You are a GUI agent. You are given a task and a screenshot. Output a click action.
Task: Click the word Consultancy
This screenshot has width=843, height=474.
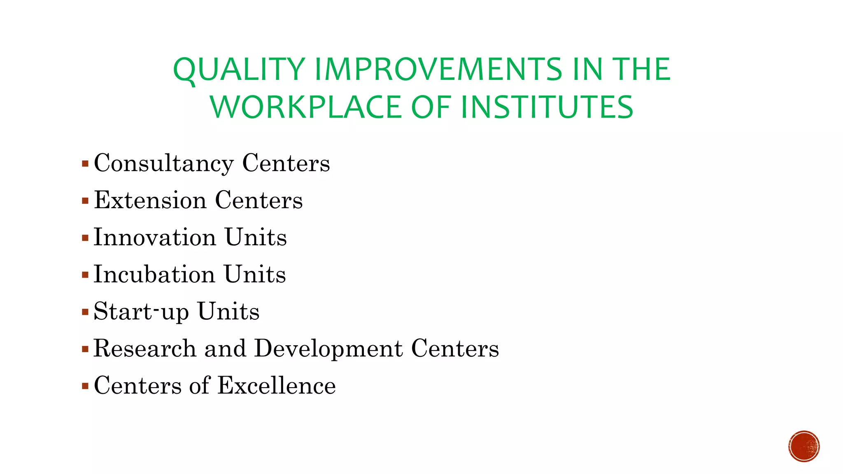[x=164, y=164]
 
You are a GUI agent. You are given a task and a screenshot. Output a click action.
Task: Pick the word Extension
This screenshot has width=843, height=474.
[x=150, y=200]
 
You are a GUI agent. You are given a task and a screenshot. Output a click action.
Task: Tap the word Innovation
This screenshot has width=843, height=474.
[x=155, y=237]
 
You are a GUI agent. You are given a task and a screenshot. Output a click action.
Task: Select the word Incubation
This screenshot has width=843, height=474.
[x=154, y=274]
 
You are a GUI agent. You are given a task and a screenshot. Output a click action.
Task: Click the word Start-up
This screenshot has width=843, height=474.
[x=141, y=312]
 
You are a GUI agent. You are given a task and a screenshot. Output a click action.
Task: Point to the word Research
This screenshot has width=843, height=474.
[x=145, y=349]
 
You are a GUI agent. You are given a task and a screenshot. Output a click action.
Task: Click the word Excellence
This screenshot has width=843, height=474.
[x=277, y=386]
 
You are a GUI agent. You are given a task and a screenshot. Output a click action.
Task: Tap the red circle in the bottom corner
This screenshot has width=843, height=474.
[x=804, y=446]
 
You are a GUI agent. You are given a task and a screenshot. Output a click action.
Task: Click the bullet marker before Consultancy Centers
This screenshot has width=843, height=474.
[x=85, y=164]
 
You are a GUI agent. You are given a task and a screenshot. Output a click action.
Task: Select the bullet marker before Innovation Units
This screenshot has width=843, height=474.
[x=85, y=238]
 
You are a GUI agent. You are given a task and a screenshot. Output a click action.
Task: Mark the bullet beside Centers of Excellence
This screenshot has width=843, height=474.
[x=85, y=386]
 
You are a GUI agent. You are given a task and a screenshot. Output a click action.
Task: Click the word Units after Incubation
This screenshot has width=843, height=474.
[x=255, y=274]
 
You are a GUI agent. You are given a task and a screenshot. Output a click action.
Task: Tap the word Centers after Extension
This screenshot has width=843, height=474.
[x=258, y=200]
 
